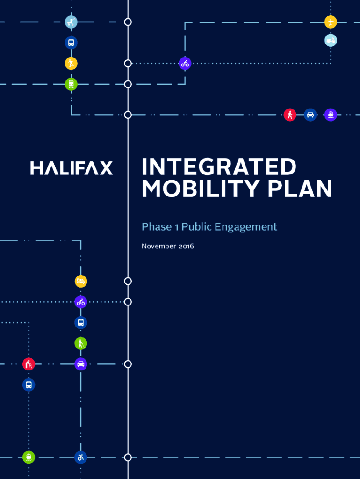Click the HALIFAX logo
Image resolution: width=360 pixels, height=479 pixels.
point(72,168)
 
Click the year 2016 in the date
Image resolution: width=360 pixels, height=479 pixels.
point(186,246)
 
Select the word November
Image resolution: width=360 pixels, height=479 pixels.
point(159,246)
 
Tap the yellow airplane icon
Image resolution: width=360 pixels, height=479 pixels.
point(331,22)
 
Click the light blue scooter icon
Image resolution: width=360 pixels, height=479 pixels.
point(331,41)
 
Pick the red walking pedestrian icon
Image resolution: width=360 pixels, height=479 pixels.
point(290,115)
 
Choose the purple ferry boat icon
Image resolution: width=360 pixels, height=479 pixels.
point(331,115)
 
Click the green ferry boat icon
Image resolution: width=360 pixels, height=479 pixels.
point(29,457)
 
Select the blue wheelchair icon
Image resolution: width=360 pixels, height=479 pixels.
point(81,457)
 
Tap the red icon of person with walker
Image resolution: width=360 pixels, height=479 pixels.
point(29,364)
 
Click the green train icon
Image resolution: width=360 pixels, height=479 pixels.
point(71,84)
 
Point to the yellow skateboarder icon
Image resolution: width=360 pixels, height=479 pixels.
point(71,63)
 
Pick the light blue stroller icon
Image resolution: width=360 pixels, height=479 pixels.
point(71,22)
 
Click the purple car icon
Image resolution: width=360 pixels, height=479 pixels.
point(81,364)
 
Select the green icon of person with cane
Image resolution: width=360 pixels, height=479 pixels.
point(81,343)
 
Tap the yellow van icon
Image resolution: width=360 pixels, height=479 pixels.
point(81,281)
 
